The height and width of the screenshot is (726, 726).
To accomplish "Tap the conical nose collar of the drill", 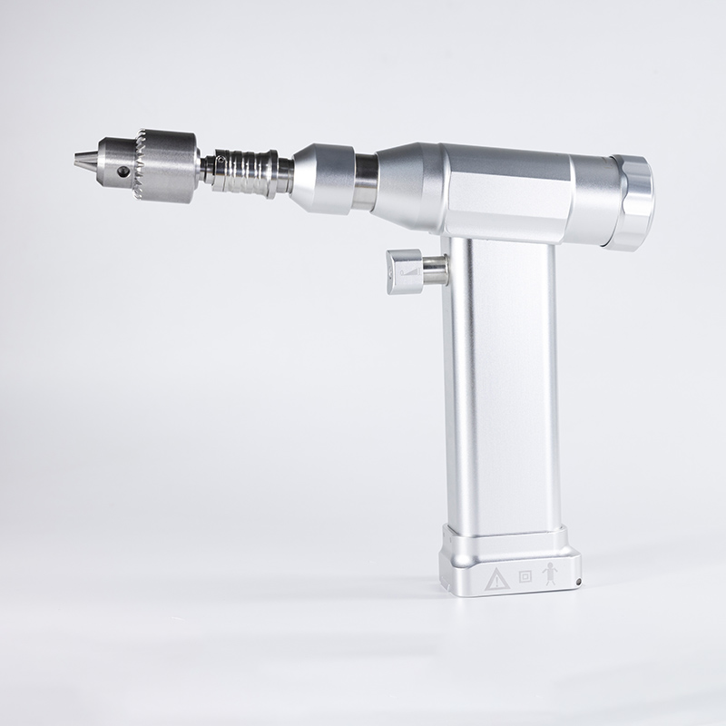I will [x=323, y=176].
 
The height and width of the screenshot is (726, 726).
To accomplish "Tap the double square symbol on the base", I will [x=525, y=576].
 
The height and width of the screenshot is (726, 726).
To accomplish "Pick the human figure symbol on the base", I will [x=547, y=574].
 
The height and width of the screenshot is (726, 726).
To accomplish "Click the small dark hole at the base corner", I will [x=577, y=578].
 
